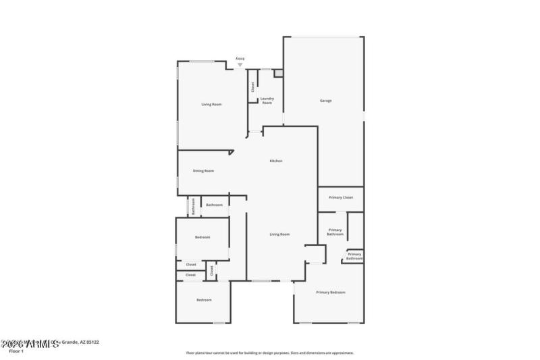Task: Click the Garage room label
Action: [x=325, y=101]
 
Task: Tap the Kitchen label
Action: [x=276, y=161]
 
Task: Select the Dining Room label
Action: [x=203, y=171]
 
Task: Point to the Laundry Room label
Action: [x=267, y=101]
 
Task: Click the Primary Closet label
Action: [x=341, y=197]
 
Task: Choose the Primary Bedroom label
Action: [x=331, y=292]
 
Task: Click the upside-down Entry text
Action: [x=239, y=59]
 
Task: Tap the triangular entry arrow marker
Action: [x=239, y=65]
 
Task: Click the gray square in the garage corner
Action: [x=278, y=72]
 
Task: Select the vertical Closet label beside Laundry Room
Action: [x=253, y=87]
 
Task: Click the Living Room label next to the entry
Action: [x=211, y=105]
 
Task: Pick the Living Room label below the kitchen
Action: [x=279, y=234]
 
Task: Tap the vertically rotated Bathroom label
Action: [x=193, y=206]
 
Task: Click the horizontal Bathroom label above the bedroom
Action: [x=215, y=205]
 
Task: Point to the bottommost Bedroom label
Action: [x=204, y=300]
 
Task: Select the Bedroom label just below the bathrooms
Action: [x=202, y=237]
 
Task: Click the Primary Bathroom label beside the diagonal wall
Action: [x=335, y=232]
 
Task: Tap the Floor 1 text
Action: [x=16, y=351]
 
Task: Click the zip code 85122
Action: [x=91, y=342]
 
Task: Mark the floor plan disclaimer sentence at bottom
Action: [x=270, y=353]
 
